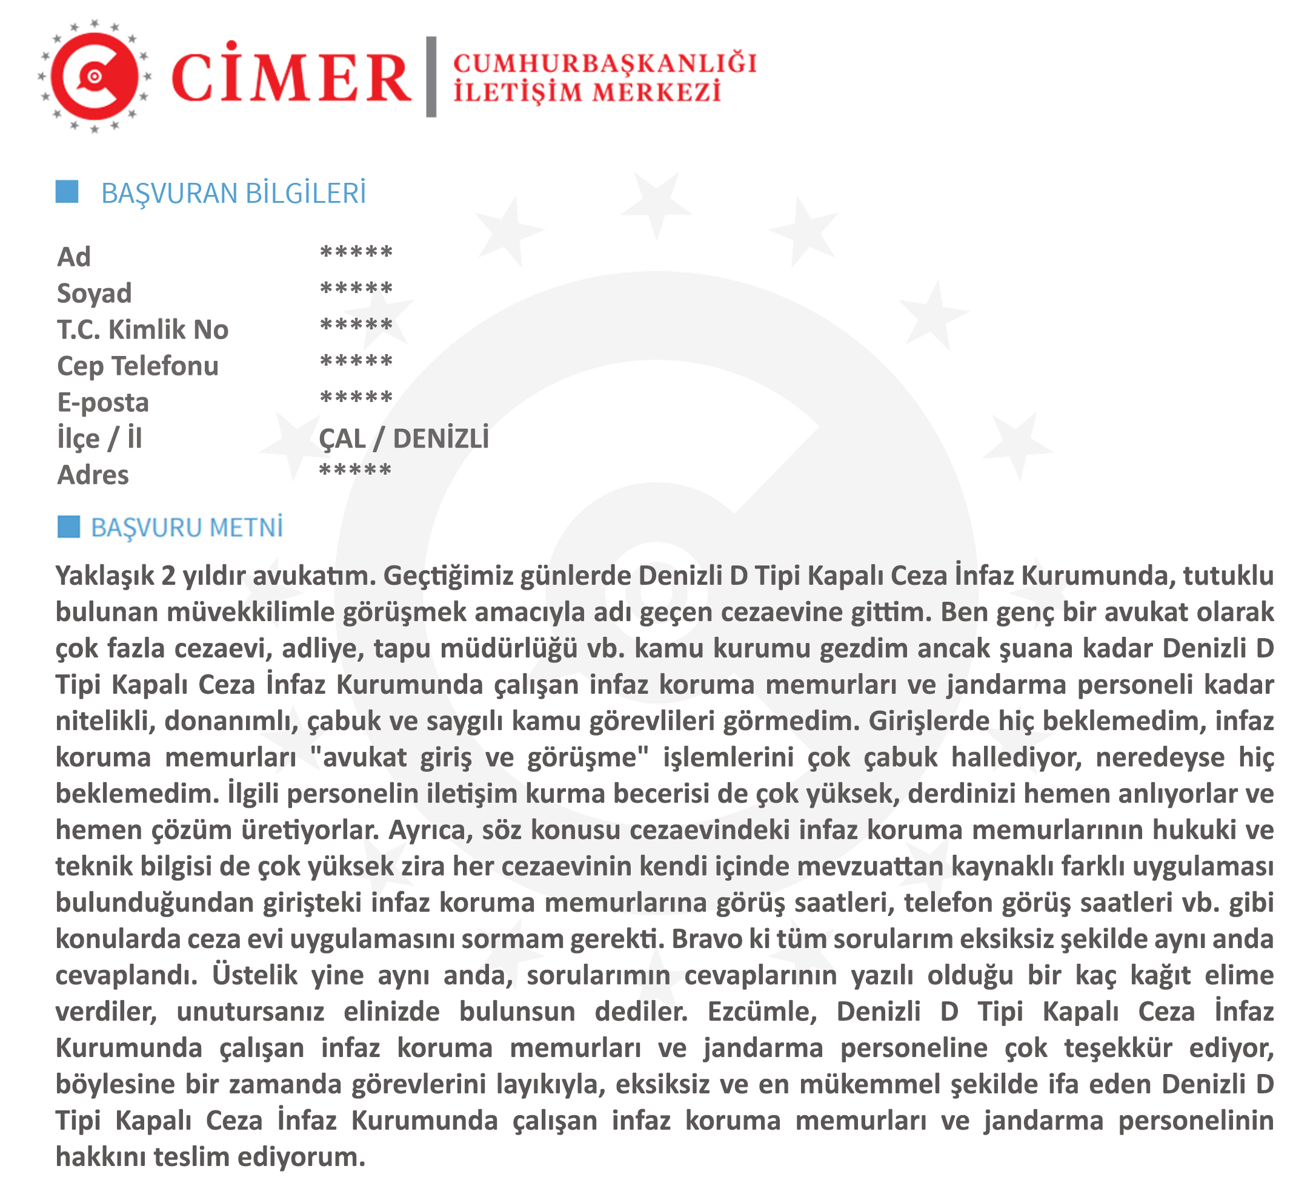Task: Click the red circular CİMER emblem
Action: click(95, 76)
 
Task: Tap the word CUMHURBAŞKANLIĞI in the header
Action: click(605, 63)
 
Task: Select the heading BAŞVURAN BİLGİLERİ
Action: click(233, 193)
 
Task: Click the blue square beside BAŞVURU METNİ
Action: click(68, 527)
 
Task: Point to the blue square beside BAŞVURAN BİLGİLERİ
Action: click(67, 192)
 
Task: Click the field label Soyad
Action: click(95, 293)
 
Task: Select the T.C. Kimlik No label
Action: click(142, 329)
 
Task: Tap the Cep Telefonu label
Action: click(138, 366)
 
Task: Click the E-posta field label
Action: click(103, 402)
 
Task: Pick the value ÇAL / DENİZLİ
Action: click(404, 439)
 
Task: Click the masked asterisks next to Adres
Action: click(355, 470)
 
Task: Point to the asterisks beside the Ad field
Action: click(356, 252)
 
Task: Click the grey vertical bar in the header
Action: click(431, 77)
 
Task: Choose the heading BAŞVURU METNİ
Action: click(187, 527)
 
